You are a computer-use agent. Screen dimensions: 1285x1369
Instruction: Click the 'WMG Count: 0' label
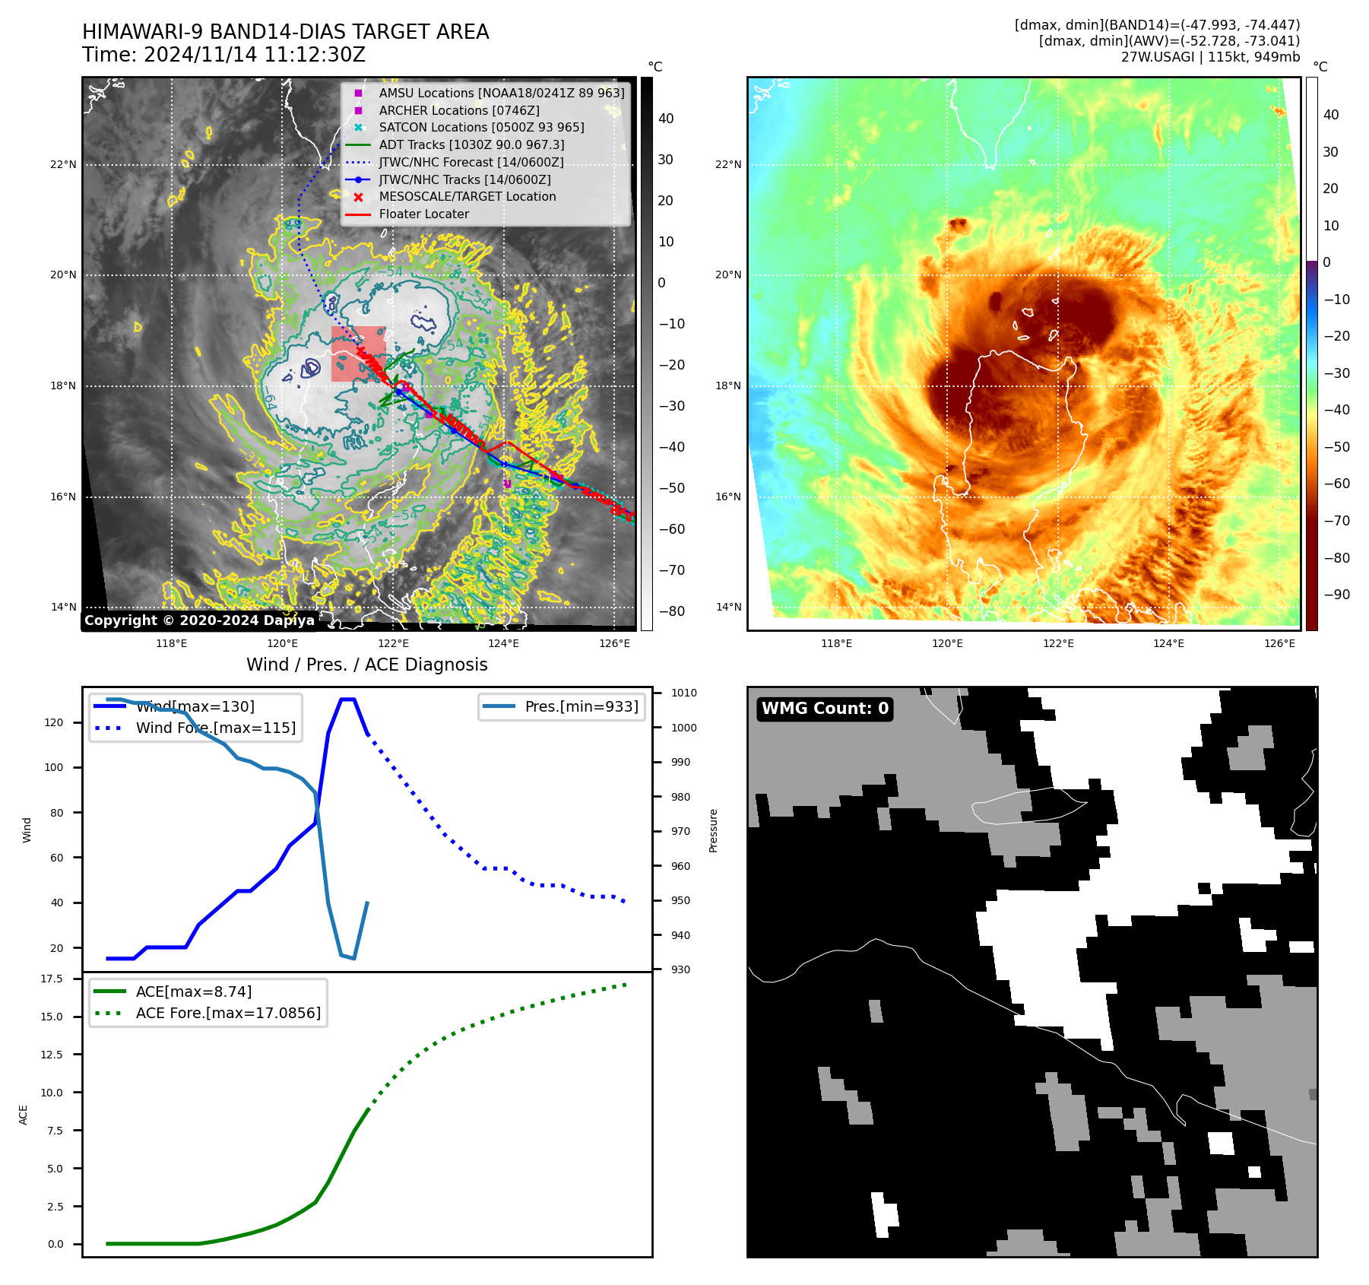[x=825, y=709]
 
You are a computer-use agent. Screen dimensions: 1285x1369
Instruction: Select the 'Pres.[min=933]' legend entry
[x=581, y=706]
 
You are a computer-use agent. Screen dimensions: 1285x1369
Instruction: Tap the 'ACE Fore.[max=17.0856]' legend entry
[x=228, y=1013]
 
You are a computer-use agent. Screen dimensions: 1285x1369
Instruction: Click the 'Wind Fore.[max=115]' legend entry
[x=216, y=728]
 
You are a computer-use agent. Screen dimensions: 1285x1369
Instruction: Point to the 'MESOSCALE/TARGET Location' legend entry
[x=467, y=196]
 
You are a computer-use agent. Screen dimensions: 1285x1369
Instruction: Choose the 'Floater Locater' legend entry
[x=423, y=214]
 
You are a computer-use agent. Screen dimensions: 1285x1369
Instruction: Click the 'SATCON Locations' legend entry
[x=481, y=127]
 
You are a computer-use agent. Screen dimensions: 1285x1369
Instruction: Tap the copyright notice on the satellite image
[x=199, y=620]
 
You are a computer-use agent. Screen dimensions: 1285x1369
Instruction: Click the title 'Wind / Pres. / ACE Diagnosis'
[x=367, y=665]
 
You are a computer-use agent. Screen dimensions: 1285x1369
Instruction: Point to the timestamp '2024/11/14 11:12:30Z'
[x=254, y=55]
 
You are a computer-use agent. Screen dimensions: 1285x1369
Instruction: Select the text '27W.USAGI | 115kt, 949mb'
[x=1210, y=57]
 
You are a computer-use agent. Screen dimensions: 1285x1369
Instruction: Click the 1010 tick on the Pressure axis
[x=683, y=693]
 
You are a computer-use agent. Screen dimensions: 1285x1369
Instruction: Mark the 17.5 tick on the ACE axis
[x=52, y=979]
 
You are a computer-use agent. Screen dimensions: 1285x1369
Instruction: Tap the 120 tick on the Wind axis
[x=54, y=722]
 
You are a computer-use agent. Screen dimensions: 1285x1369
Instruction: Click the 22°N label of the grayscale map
[x=63, y=164]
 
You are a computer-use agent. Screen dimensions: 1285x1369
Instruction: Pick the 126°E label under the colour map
[x=1279, y=643]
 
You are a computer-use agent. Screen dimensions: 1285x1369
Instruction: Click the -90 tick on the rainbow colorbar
[x=1336, y=594]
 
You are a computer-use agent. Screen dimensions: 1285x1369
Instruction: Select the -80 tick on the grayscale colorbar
[x=671, y=611]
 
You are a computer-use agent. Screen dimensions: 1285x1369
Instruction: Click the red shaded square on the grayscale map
[x=358, y=354]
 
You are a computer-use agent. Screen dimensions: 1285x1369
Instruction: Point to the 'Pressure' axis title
[x=713, y=830]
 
